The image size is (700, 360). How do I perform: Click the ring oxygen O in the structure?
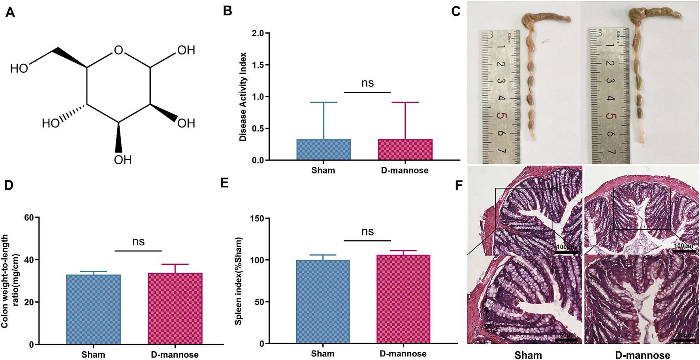point(119,50)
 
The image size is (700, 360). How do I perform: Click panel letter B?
point(227,11)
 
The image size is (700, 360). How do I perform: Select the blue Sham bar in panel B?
point(324,149)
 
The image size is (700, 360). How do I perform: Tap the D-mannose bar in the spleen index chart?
point(403,299)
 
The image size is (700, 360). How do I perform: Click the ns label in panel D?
point(138,241)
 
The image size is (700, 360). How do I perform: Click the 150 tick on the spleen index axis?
point(257,219)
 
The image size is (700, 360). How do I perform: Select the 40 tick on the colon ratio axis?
point(29,260)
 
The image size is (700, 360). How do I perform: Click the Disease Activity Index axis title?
point(243,97)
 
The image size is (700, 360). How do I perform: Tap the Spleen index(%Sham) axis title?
point(238,281)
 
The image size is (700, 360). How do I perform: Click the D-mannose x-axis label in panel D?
point(175,354)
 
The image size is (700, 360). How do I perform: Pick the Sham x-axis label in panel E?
point(322,354)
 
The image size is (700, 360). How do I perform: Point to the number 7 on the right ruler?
point(611,151)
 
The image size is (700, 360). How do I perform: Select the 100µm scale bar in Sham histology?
point(567,252)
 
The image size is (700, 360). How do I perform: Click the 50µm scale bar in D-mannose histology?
point(683,339)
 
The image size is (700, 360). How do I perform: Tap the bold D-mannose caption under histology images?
point(642,355)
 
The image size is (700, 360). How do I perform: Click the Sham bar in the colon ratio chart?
point(93,309)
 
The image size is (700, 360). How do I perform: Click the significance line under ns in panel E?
point(367,241)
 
